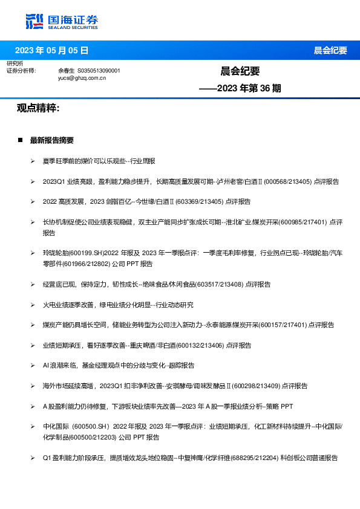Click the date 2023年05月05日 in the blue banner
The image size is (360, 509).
[51, 50]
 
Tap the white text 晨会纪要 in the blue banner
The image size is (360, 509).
[330, 50]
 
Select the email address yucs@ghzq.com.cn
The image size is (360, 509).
[82, 78]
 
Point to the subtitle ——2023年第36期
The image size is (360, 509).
[240, 88]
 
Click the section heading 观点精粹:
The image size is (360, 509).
[38, 108]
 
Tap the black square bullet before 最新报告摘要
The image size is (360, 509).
[20, 140]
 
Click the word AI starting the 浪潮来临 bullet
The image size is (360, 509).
[46, 365]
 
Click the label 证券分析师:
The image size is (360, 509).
[21, 71]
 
